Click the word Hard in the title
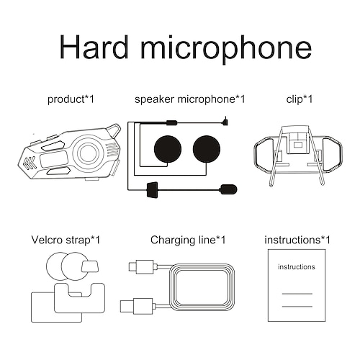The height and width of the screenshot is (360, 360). click(94, 47)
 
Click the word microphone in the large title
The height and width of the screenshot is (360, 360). click(226, 48)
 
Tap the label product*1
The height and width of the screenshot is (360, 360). click(71, 99)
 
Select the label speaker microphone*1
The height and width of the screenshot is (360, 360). click(190, 99)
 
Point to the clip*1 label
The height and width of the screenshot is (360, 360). click(300, 99)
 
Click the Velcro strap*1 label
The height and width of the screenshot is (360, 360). click(66, 240)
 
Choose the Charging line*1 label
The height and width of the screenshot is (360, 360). click(188, 240)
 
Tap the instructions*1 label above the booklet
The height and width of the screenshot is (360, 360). click(297, 240)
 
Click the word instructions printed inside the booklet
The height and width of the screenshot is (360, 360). click(297, 266)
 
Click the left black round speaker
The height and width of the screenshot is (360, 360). click(168, 149)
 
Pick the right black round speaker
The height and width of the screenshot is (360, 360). click(207, 149)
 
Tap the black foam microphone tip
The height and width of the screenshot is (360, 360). click(228, 189)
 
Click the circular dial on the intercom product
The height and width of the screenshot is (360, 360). click(89, 153)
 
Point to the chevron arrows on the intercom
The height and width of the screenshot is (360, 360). click(30, 163)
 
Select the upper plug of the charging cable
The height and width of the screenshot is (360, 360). click(143, 266)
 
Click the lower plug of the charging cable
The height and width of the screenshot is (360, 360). click(136, 306)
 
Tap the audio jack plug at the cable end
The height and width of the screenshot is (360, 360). click(225, 121)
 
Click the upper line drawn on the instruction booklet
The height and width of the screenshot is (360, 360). click(297, 294)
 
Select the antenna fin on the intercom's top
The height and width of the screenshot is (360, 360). click(113, 131)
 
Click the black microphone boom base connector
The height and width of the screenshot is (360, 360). click(152, 190)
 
